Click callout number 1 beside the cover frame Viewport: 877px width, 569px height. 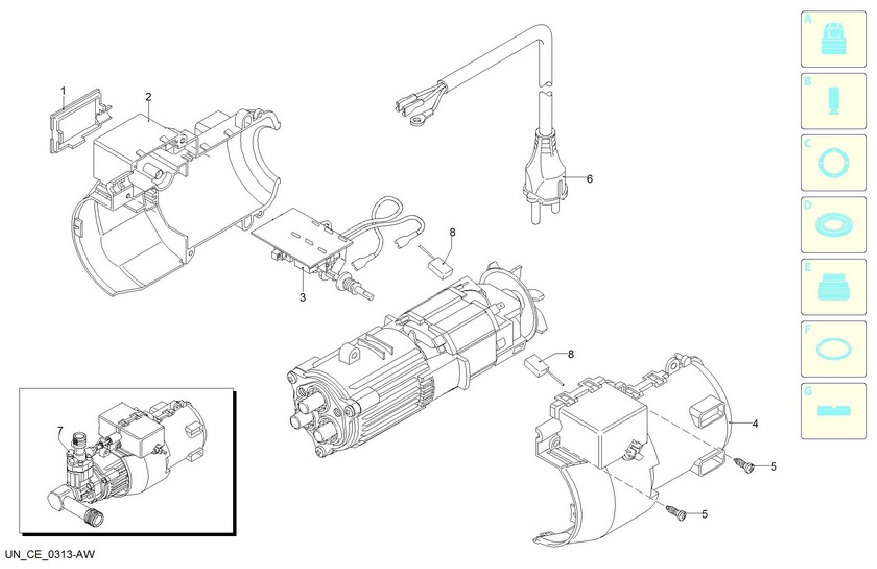[63, 91]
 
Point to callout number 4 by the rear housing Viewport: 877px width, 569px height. [755, 424]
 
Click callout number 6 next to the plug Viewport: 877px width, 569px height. [590, 179]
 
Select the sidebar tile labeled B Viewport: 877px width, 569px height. [834, 101]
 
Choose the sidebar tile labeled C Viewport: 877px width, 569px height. [834, 163]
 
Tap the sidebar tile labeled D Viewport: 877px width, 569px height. [834, 225]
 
